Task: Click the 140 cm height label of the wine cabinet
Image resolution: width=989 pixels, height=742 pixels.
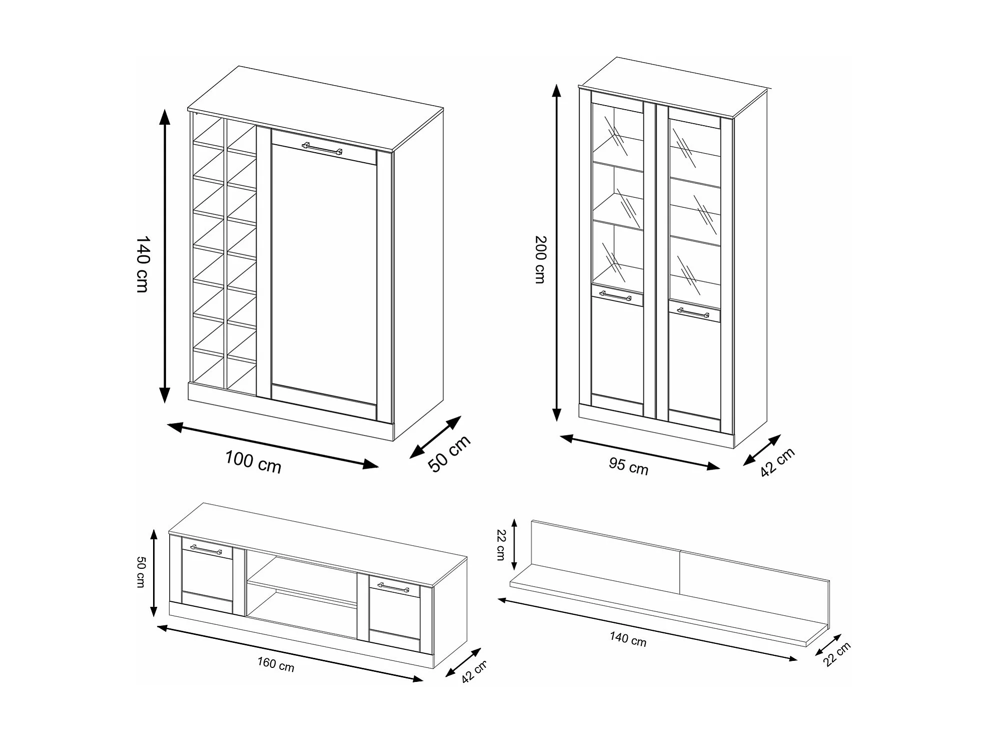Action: click(x=143, y=264)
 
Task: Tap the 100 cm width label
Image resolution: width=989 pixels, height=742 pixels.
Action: click(x=253, y=462)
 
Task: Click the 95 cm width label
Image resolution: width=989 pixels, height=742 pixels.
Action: click(x=629, y=466)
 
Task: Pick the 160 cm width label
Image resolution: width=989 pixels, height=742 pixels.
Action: click(x=276, y=664)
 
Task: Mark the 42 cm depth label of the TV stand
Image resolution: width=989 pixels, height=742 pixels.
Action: click(x=474, y=671)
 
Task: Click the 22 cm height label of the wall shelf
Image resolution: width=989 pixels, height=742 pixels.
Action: click(x=501, y=545)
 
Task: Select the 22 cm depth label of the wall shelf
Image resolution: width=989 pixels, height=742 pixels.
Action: click(x=837, y=654)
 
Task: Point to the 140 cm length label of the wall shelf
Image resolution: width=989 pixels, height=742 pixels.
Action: click(x=628, y=639)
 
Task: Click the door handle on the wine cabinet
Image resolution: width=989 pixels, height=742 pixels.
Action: click(x=322, y=148)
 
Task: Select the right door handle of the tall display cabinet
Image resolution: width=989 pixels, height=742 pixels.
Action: click(x=693, y=312)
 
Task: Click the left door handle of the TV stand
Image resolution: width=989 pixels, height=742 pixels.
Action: click(x=206, y=549)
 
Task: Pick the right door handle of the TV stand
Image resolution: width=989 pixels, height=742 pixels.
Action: click(x=393, y=587)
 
